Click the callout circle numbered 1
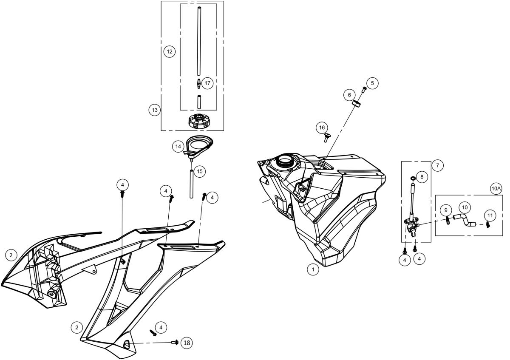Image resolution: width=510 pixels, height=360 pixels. click(x=313, y=269)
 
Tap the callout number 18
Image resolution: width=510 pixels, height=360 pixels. click(x=186, y=342)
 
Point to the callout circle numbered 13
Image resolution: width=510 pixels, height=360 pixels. click(x=154, y=110)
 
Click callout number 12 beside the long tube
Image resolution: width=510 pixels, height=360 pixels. click(x=169, y=51)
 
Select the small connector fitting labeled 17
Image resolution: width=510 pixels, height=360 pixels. click(x=198, y=83)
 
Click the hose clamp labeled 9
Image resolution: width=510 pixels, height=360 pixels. click(x=448, y=220)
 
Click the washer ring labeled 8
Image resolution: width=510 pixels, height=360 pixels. click(x=412, y=178)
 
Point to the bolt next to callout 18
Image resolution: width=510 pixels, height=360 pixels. click(x=175, y=342)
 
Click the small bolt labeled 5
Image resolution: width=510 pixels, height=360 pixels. click(x=364, y=90)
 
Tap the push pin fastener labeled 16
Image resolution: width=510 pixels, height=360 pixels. click(x=327, y=137)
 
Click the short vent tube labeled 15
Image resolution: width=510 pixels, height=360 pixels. click(x=192, y=183)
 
